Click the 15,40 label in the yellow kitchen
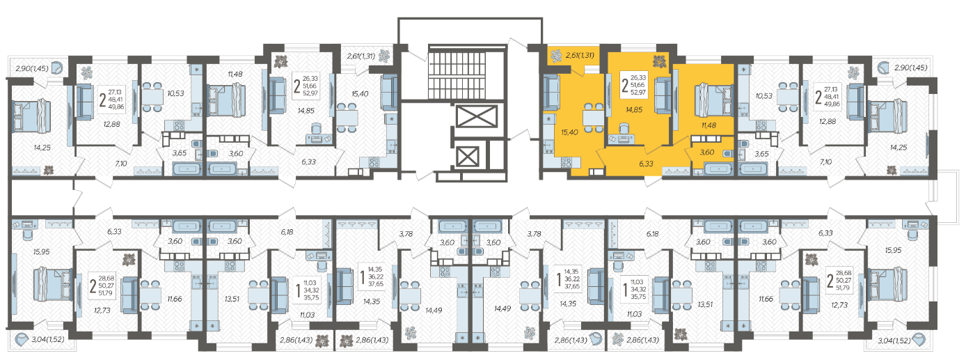[x=569, y=132]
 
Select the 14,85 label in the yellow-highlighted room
[x=634, y=109]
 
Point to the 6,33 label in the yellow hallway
[x=646, y=164]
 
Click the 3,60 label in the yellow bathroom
[x=707, y=152]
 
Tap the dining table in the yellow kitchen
[x=594, y=118]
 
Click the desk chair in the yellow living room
[x=624, y=128]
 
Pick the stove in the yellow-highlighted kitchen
[x=566, y=162]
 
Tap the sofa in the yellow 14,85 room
[x=663, y=95]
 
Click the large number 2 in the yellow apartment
[x=625, y=85]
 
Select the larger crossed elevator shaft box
[x=477, y=116]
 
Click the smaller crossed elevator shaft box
[x=468, y=157]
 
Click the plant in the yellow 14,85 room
[x=659, y=62]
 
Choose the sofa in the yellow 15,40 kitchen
[x=551, y=93]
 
